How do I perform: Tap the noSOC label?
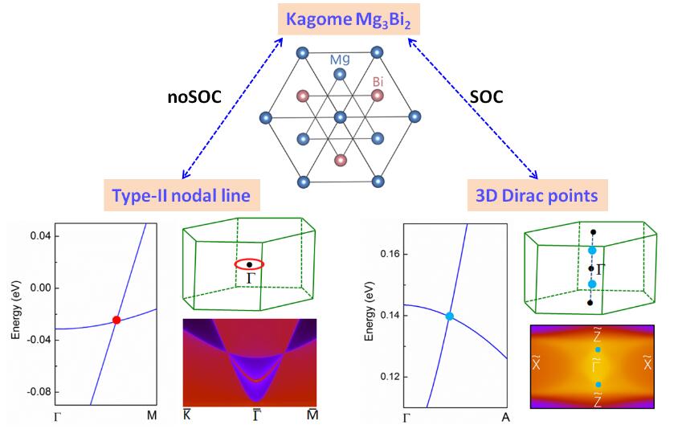click(193, 96)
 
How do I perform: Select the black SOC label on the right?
click(487, 96)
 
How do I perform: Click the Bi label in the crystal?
click(381, 81)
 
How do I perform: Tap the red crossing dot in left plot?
click(116, 320)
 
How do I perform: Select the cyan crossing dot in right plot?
click(449, 317)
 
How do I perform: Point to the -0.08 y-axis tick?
click(37, 392)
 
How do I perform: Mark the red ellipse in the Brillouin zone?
click(251, 263)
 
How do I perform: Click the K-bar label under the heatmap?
click(186, 413)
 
